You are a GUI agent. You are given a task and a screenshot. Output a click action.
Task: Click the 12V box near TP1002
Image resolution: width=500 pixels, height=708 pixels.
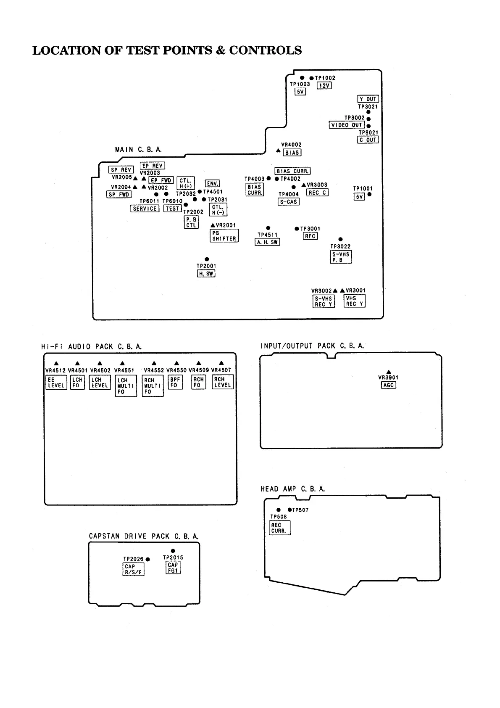[324, 85]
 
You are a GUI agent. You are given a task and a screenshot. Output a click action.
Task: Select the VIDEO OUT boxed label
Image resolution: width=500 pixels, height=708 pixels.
[347, 125]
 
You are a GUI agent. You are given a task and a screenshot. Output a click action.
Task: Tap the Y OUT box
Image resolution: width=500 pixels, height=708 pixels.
[368, 99]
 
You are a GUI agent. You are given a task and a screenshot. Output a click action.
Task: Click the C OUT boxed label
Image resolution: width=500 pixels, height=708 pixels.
[368, 140]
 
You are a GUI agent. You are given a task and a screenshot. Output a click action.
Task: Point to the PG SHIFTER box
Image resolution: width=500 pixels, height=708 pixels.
[224, 235]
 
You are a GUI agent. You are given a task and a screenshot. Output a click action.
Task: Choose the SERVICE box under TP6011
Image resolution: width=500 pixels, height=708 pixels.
[145, 209]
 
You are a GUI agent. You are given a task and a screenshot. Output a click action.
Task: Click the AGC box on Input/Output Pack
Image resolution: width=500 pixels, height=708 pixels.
[389, 385]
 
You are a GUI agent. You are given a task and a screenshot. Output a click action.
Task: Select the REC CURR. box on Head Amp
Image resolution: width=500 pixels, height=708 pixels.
[279, 528]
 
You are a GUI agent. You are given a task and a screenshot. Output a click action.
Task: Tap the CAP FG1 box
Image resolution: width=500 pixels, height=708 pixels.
[173, 568]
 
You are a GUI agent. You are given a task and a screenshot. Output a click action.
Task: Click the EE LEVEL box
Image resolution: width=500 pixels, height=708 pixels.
[56, 382]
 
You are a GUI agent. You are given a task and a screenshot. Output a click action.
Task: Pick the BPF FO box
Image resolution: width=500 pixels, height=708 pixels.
[175, 382]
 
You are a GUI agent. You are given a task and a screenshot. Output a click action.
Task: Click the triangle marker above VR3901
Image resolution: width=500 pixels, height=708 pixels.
[389, 372]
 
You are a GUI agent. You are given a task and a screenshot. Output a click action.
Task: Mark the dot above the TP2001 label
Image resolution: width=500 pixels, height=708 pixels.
[207, 259]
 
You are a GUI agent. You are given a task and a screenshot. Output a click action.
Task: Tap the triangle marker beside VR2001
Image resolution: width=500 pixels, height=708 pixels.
[213, 225]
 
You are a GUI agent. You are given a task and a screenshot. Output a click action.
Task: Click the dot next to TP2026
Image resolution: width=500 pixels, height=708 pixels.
[148, 559]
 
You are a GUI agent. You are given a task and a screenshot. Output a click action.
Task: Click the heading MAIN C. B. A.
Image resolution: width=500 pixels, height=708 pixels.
[138, 150]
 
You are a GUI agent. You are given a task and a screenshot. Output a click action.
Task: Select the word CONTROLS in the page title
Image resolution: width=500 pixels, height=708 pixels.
[265, 50]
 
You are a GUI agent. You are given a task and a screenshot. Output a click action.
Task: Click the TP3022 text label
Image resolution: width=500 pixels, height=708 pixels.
[340, 247]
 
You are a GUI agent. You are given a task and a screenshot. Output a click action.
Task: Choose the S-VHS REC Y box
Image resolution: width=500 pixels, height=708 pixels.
[324, 301]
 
